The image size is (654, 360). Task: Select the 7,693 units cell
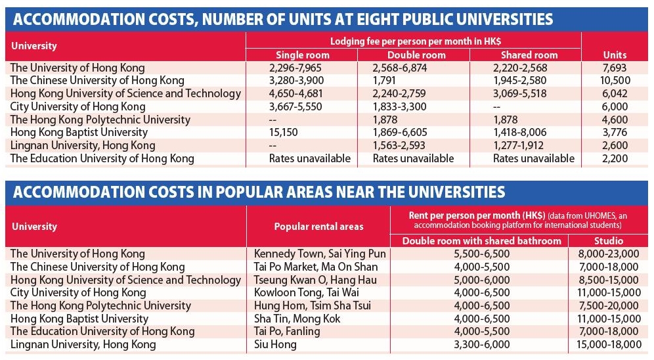[x=613, y=68]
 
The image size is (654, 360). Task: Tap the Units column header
[x=615, y=55]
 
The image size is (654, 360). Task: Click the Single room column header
[x=302, y=55]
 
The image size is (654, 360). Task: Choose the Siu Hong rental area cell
[x=276, y=344]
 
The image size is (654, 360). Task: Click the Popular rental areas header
[x=318, y=227]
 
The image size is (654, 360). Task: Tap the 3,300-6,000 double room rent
[x=482, y=344]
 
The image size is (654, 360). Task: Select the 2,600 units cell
[x=613, y=145]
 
